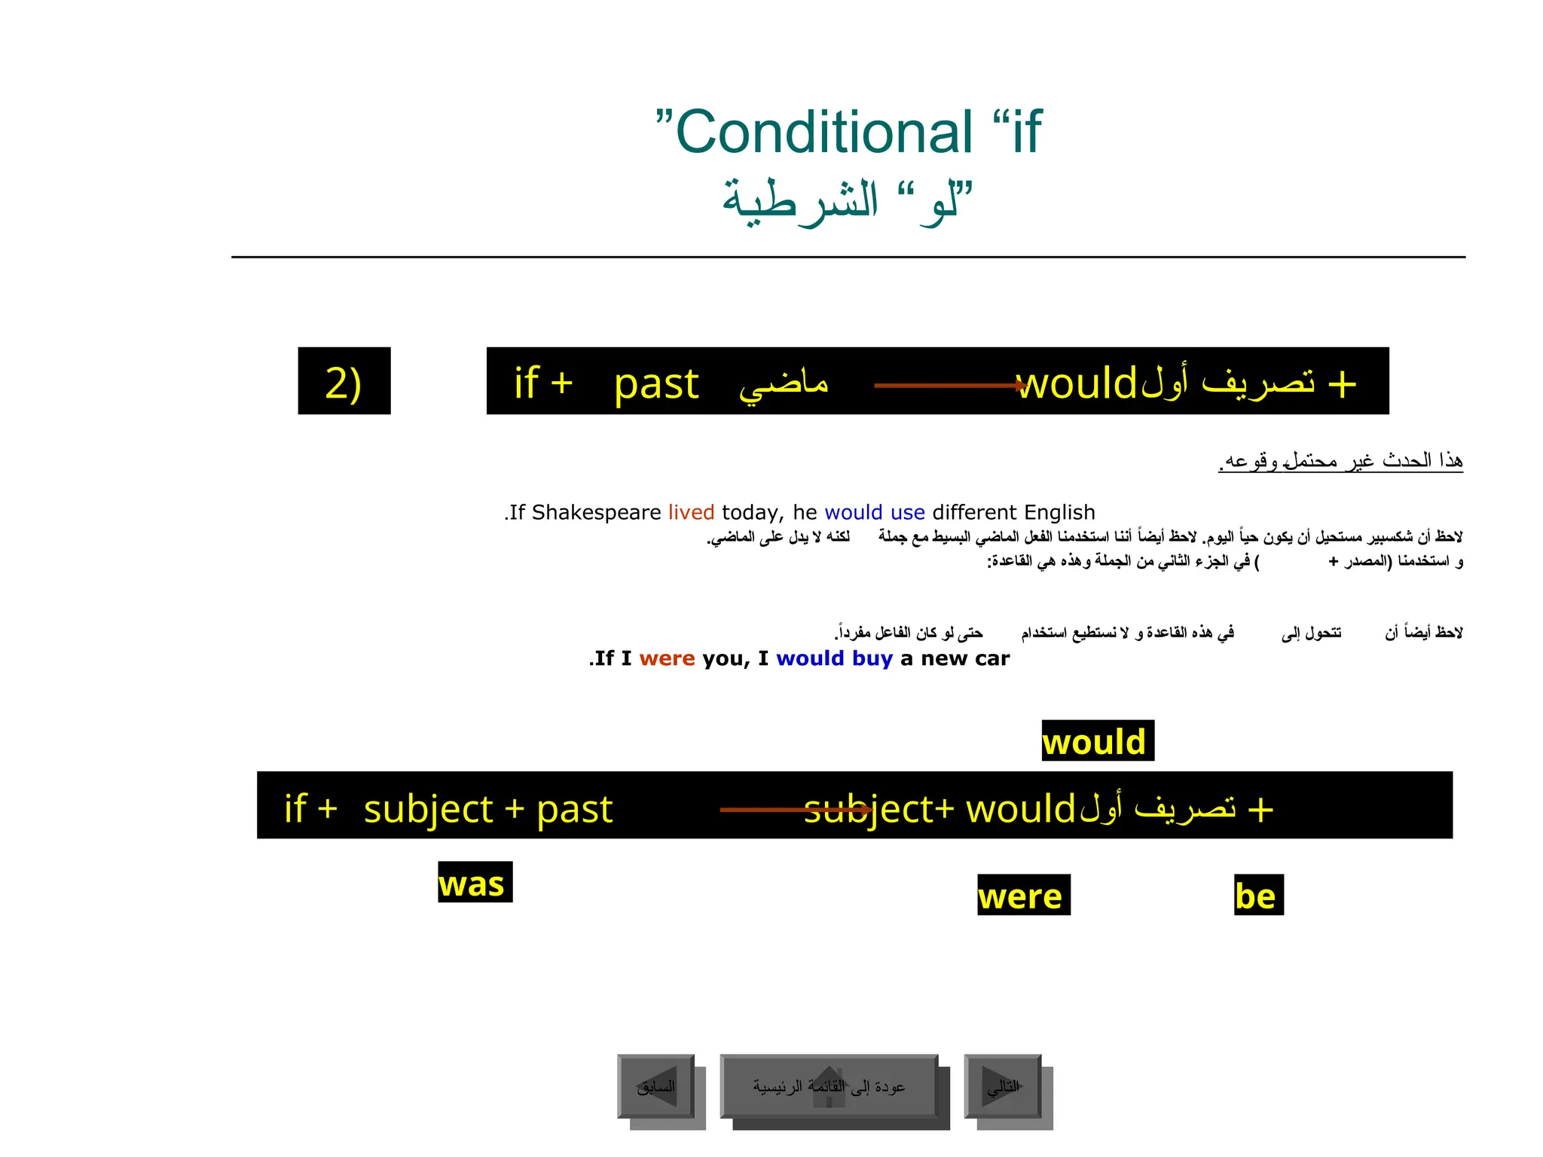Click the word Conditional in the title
click(825, 133)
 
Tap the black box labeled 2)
click(344, 381)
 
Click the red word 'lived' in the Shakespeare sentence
click(691, 512)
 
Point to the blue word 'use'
click(907, 512)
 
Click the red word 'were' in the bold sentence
click(667, 658)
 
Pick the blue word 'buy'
click(872, 659)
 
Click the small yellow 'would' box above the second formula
click(1097, 741)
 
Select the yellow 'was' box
click(475, 883)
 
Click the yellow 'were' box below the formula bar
click(1023, 896)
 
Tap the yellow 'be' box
click(1257, 896)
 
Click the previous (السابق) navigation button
click(656, 1086)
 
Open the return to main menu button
click(829, 1086)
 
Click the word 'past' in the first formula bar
click(656, 384)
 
